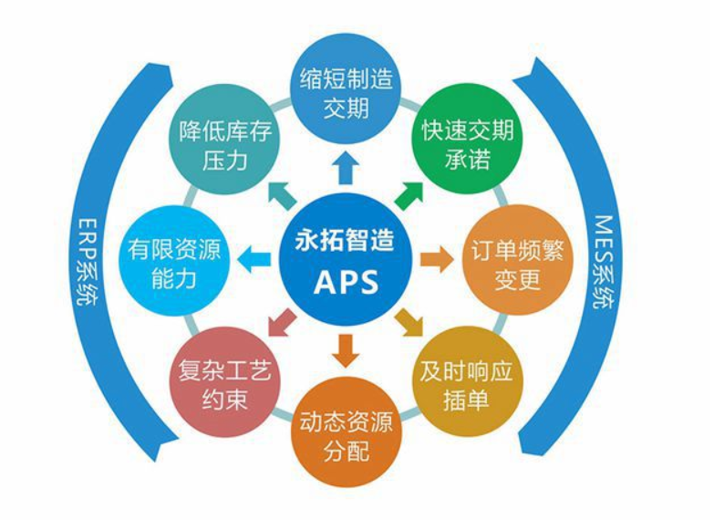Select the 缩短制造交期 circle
(x=347, y=88)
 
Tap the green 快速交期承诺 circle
(x=468, y=138)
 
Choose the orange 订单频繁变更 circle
(x=518, y=260)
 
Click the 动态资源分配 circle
(x=347, y=432)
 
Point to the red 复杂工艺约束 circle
(x=224, y=382)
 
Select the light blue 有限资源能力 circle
(x=174, y=261)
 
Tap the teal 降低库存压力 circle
(x=225, y=140)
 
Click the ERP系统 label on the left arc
(x=86, y=262)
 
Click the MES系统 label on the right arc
(x=605, y=261)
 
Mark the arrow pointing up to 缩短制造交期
(x=347, y=167)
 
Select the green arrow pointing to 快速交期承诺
(x=409, y=196)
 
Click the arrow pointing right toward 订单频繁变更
(x=437, y=260)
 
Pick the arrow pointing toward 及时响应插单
(x=409, y=323)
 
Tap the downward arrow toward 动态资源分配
(x=347, y=351)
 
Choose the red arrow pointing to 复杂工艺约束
(x=283, y=323)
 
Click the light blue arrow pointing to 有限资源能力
(x=254, y=260)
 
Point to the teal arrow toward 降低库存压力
(x=283, y=196)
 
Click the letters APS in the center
(x=347, y=282)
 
